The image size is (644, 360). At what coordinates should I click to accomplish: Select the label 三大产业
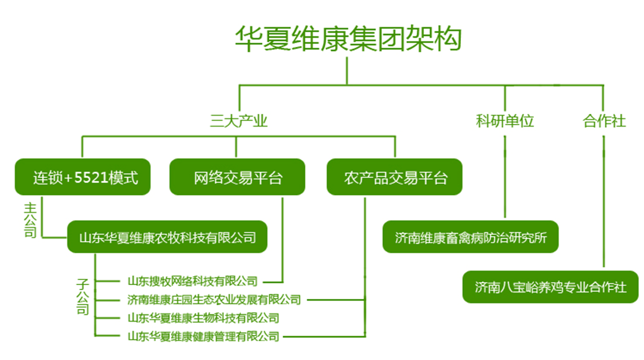click(238, 121)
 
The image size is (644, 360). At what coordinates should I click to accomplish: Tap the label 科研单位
click(505, 121)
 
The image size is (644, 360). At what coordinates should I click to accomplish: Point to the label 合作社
click(604, 121)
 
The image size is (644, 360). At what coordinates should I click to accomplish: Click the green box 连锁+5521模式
click(82, 177)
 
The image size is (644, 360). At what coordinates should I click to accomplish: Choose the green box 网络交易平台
click(237, 177)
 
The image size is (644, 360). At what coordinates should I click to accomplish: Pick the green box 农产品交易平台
click(395, 177)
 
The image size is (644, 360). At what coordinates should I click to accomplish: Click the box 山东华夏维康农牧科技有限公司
click(167, 237)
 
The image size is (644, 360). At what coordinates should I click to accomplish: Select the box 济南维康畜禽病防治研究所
click(470, 237)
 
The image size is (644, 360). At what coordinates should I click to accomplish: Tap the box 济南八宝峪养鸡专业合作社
click(550, 287)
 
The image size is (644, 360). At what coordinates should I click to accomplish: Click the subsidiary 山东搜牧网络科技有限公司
click(192, 281)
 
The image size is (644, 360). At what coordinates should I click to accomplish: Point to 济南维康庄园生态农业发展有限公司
click(214, 300)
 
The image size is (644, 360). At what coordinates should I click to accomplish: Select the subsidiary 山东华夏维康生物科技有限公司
click(203, 318)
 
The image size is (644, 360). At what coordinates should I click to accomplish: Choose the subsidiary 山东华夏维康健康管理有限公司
click(203, 336)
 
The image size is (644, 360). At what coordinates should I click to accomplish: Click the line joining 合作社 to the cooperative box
click(604, 201)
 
